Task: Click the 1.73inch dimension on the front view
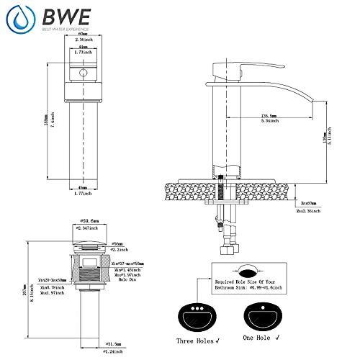click(x=84, y=53)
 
